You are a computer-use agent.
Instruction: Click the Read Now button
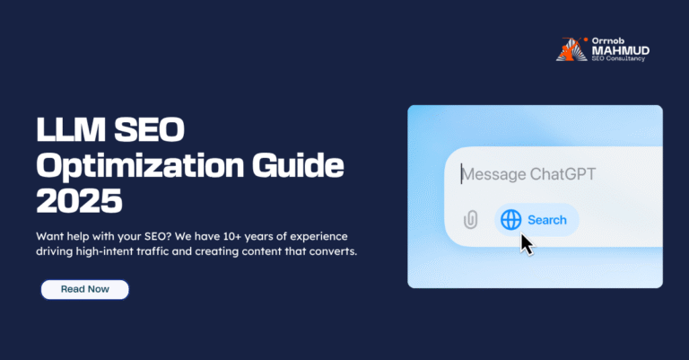click(84, 289)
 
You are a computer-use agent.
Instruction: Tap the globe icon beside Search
click(510, 220)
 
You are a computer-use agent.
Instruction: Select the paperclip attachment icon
click(471, 220)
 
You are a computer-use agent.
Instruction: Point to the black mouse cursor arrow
click(528, 243)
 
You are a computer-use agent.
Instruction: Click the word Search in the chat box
click(546, 220)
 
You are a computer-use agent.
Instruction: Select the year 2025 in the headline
click(79, 199)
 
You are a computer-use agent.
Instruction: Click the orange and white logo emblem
click(569, 50)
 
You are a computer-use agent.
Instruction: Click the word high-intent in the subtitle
click(113, 252)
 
